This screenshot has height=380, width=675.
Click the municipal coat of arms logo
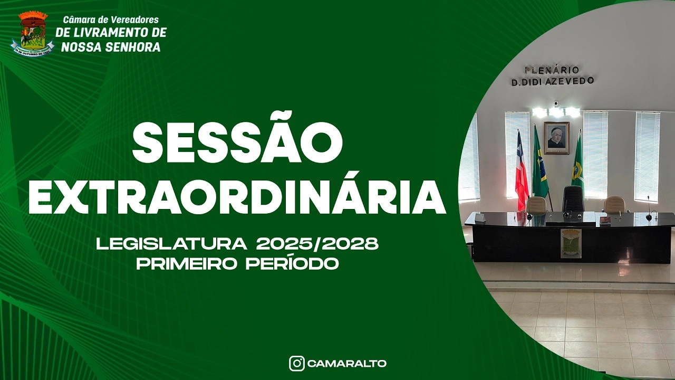33,33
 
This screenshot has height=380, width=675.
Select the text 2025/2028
317,244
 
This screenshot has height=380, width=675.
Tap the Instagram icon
296,364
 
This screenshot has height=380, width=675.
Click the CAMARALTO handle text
346,364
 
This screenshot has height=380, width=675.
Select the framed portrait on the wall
556,138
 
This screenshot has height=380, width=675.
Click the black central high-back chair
573,199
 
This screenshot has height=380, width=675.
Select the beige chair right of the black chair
614,204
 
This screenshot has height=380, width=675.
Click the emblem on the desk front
571,243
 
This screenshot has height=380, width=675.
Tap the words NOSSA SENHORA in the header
111,47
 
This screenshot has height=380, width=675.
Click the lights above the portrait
556,112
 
